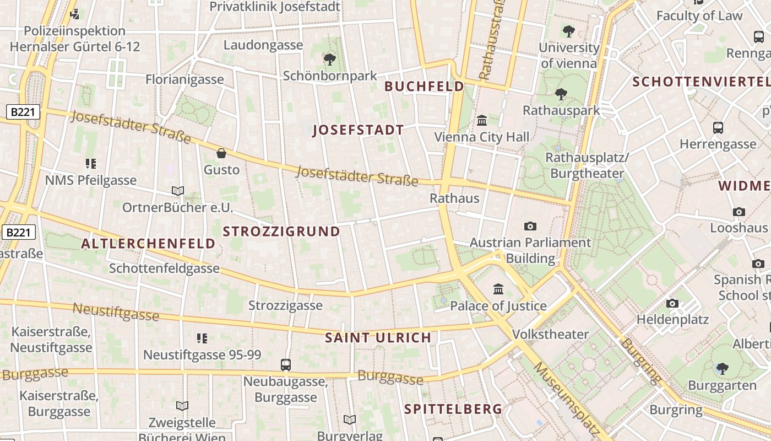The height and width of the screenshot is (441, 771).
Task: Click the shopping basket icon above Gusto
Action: coord(221,153)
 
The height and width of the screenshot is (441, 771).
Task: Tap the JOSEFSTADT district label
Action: coord(358,130)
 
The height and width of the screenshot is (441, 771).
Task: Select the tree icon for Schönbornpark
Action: coord(330,59)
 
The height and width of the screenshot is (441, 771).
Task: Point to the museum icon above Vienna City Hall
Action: coord(482,120)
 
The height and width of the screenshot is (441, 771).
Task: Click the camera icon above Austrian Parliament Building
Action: coord(530,226)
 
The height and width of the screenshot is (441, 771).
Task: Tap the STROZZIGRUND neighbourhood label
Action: coord(281,232)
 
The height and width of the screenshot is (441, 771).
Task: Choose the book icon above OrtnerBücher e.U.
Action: coord(177,191)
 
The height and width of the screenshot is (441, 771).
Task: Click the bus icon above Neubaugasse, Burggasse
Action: coord(285,364)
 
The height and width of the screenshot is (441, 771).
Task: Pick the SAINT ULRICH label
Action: coord(378,338)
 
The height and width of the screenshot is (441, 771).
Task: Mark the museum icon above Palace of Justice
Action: coord(498,289)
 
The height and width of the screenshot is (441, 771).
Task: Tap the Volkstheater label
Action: coord(550,335)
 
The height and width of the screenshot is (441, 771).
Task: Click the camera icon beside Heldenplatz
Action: coord(672,303)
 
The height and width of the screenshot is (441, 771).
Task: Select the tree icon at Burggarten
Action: coord(722,368)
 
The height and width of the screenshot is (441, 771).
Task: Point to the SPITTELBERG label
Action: coord(453,409)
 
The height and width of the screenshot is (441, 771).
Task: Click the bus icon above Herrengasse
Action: coord(718,128)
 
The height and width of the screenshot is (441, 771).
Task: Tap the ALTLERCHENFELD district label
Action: coord(148,244)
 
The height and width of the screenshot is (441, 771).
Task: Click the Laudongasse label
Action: coord(263,45)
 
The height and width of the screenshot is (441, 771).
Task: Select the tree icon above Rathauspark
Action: coord(561,94)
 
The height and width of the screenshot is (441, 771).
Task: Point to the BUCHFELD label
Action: coord(424,87)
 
